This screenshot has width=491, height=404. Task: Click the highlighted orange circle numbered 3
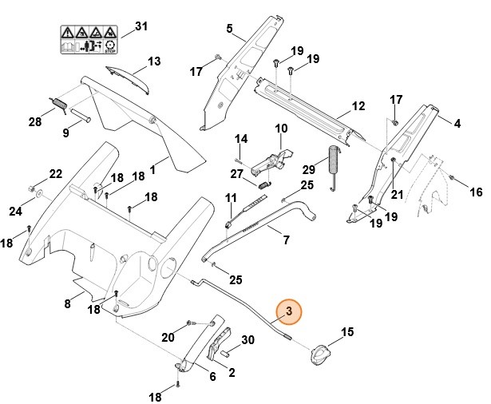pyautogui.click(x=289, y=311)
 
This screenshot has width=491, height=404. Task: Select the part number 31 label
pyautogui.click(x=141, y=27)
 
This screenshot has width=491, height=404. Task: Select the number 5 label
pyautogui.click(x=230, y=30)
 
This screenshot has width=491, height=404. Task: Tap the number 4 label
pyautogui.click(x=457, y=124)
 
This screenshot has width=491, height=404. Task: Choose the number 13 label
pyautogui.click(x=154, y=61)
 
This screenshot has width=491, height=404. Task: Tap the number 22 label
pyautogui.click(x=55, y=173)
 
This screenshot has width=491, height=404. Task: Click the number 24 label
pyautogui.click(x=15, y=212)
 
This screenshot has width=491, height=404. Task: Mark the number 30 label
pyautogui.click(x=247, y=340)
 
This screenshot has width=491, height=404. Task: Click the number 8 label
pyautogui.click(x=68, y=303)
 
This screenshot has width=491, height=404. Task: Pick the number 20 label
pyautogui.click(x=168, y=338)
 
